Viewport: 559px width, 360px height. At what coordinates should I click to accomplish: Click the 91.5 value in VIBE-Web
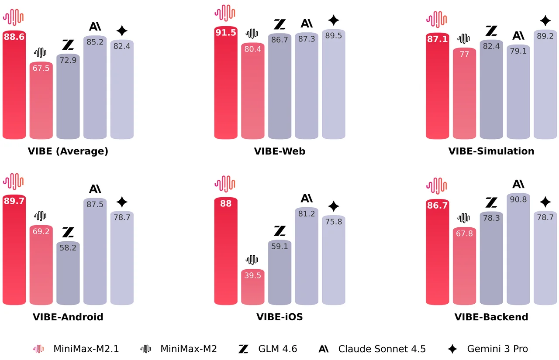[226, 32]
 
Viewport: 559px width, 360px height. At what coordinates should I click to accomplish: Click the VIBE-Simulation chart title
[491, 151]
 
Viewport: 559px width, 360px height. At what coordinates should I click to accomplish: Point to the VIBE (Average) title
[68, 151]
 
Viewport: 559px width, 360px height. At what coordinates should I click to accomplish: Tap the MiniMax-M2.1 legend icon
[39, 349]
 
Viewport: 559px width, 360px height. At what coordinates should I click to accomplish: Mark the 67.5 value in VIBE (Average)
[41, 68]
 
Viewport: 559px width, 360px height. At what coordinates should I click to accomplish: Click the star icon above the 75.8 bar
[334, 206]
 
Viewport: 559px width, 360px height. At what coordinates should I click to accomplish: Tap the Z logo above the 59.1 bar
[279, 231]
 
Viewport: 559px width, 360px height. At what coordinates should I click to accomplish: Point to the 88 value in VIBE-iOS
[226, 203]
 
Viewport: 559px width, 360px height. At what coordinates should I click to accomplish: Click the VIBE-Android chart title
[68, 317]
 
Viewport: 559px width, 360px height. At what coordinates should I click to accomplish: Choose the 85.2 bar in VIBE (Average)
[95, 87]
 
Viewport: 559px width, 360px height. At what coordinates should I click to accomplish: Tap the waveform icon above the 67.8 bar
[464, 218]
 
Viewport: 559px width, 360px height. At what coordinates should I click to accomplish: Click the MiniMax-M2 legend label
[189, 349]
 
